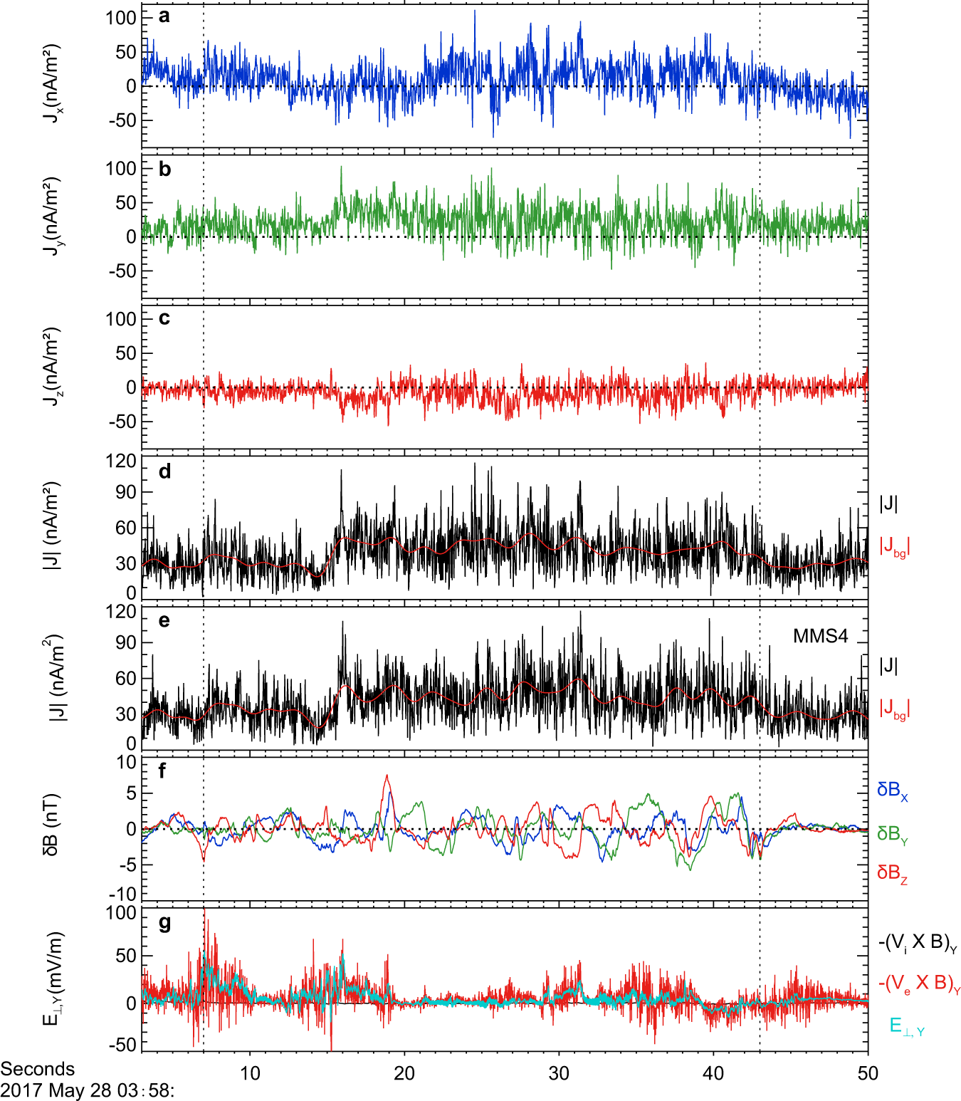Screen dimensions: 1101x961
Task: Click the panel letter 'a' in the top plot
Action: [164, 16]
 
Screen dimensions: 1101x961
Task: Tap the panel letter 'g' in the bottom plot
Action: [164, 923]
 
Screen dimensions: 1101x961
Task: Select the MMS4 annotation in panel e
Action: [820, 636]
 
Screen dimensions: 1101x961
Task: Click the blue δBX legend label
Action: [892, 790]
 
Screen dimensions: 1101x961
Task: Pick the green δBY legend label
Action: [892, 834]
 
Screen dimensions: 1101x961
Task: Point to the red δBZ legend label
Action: [892, 873]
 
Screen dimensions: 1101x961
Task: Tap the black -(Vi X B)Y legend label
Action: [917, 943]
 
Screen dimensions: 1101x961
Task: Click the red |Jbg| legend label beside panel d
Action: [894, 547]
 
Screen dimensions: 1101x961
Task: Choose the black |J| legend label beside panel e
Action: [888, 666]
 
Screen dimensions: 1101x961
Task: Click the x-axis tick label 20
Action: [404, 1073]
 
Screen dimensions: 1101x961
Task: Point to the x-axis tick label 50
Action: [867, 1073]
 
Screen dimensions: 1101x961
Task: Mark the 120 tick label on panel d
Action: [120, 461]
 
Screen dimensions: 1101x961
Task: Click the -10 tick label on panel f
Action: [122, 894]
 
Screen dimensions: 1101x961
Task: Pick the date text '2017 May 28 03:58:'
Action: [87, 1090]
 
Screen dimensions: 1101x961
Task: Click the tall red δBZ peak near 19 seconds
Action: [387, 777]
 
